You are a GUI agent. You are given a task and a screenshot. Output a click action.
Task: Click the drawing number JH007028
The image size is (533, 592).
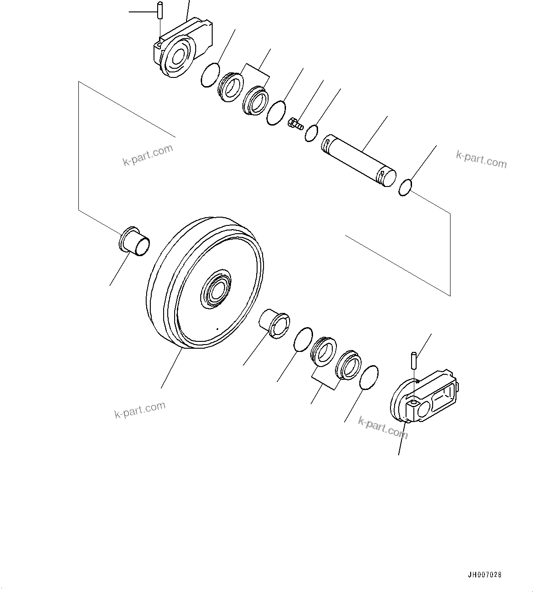484,575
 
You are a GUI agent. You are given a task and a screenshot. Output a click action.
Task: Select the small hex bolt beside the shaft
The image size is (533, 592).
295,123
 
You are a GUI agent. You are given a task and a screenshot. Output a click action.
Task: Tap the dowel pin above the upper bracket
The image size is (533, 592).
159,10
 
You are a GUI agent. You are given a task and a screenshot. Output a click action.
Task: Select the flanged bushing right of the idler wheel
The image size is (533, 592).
275,324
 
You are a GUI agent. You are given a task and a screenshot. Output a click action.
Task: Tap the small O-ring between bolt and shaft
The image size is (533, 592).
312,133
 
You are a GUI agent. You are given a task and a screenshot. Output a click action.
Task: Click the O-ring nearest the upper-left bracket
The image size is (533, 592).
210,75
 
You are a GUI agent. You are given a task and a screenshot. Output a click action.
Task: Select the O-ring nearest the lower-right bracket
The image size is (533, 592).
369,378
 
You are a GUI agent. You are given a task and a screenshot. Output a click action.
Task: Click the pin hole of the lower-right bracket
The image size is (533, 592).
413,402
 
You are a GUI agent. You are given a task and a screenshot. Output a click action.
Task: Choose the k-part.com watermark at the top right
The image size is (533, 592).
481,159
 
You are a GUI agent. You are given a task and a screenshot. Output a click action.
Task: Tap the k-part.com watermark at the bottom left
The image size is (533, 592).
140,410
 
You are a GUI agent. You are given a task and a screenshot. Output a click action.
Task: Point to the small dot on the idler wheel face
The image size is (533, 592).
217,328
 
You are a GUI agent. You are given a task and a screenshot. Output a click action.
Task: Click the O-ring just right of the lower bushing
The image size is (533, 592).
302,340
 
